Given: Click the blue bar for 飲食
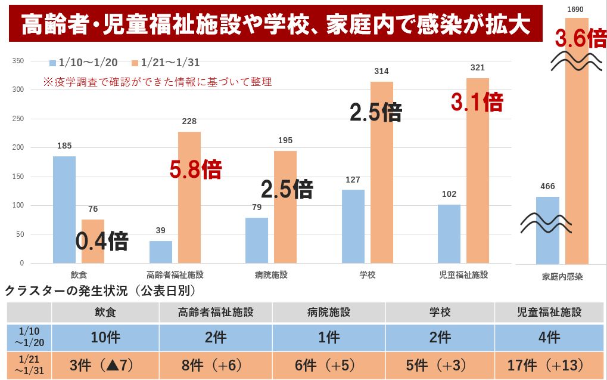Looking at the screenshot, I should coord(64,209).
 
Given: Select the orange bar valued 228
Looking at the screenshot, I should coord(189,197).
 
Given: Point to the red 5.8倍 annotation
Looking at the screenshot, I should coord(195,170).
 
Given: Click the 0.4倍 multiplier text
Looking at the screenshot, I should coord(102,241).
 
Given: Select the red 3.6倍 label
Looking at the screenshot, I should coord(580,39).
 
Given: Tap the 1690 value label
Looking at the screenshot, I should coord(575,9).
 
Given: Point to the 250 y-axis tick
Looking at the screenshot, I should coord(18,119).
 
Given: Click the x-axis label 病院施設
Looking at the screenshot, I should coord(271,275).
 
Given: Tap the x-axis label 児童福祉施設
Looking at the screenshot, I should coord(463,275).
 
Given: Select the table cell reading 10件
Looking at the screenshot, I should coord(105,338).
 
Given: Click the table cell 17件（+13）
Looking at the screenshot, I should coord(550,365).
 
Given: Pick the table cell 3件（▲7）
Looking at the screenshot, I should coord(105,365).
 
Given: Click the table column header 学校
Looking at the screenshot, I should coord(440,312).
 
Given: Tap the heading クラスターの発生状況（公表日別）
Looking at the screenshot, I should coord(101,291).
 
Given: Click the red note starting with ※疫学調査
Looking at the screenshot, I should coord(158,82).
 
